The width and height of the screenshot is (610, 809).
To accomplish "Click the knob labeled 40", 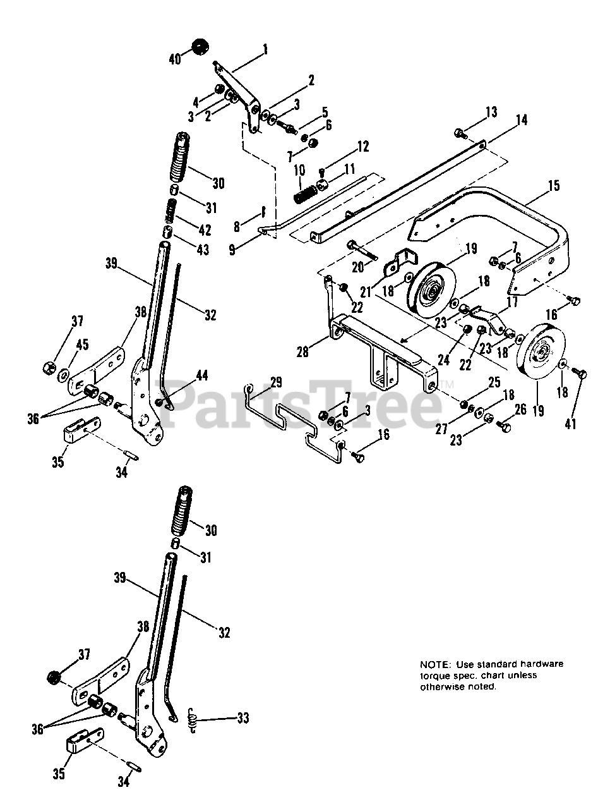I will click(x=200, y=47).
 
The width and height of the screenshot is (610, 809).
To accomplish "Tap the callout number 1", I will click(x=265, y=49).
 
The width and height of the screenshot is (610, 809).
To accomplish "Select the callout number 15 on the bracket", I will click(x=554, y=186).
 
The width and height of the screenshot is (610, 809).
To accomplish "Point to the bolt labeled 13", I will click(x=460, y=133).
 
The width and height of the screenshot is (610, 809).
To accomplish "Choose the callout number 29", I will click(x=276, y=382).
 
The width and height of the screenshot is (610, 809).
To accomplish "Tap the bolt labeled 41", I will click(x=583, y=375).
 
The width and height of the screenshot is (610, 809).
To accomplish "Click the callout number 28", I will click(x=303, y=352).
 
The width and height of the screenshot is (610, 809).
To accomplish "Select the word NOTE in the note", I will click(x=434, y=664).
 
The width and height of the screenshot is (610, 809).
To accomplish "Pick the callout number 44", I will click(x=201, y=375).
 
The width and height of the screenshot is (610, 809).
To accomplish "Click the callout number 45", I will click(x=83, y=345).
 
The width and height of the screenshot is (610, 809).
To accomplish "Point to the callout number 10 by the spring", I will click(x=299, y=170).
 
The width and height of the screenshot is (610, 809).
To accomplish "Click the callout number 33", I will click(x=242, y=719).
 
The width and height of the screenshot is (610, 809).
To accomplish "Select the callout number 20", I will click(x=359, y=267).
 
